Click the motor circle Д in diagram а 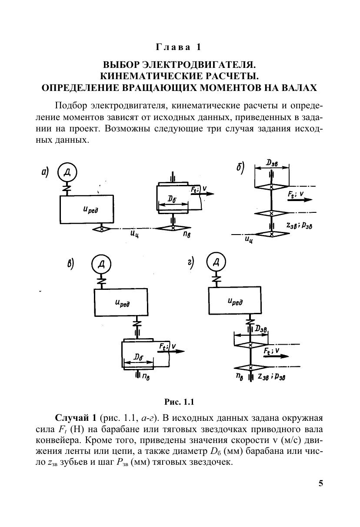tap(67, 173)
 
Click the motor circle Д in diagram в tap(101, 265)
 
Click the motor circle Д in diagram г tap(216, 262)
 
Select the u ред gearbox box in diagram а tap(87, 210)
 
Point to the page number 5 tap(321, 483)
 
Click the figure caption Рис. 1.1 tap(180, 400)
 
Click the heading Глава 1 tap(180, 47)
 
